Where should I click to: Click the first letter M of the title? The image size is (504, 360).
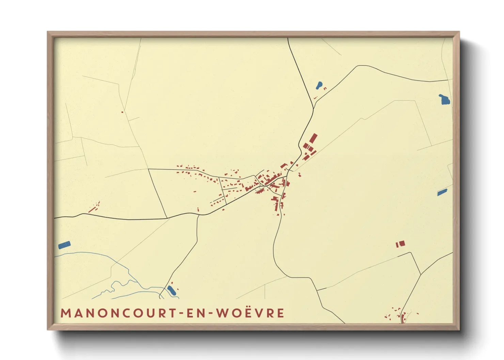tap(65, 313)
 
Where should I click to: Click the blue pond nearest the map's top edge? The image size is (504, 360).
tap(319, 85)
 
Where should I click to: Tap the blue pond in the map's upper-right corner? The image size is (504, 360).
tap(444, 100)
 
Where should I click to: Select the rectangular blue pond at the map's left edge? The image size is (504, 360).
tap(64, 245)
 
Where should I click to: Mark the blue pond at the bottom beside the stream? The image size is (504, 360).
tap(172, 290)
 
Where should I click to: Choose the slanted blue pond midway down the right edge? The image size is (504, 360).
tap(442, 192)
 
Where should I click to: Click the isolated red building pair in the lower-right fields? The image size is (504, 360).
tap(400, 244)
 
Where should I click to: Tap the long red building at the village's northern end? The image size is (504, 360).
tap(313, 138)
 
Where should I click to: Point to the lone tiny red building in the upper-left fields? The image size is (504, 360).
tap(122, 112)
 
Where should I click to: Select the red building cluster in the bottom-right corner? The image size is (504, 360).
tap(399, 316)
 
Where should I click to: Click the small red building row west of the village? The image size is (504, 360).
tap(94, 208)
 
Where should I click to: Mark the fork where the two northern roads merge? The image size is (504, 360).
tap(313, 109)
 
